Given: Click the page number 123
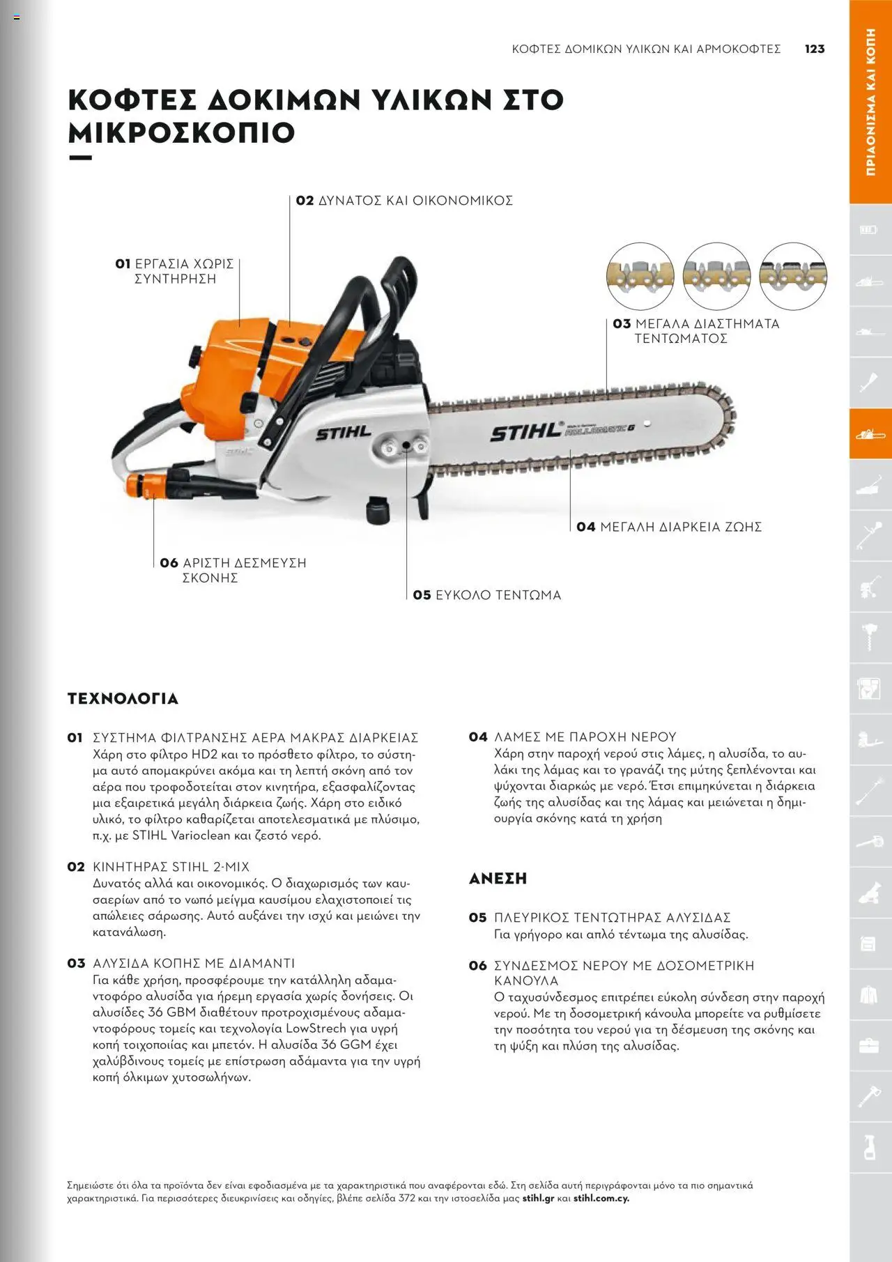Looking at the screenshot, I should click(x=815, y=49).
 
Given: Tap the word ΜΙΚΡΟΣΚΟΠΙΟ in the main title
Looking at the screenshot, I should click(x=181, y=132).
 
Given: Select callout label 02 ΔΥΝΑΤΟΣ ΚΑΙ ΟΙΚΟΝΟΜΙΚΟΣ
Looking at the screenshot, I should click(x=404, y=201).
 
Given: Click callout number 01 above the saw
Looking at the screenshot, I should click(x=123, y=264).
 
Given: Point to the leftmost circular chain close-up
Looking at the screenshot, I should click(x=640, y=277).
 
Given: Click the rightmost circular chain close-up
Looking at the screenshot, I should click(x=792, y=277).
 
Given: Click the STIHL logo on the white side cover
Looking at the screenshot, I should click(x=344, y=433).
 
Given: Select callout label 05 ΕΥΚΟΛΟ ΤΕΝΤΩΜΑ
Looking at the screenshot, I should click(x=486, y=595).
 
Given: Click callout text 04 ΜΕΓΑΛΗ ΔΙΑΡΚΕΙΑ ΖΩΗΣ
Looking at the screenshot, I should click(x=669, y=527).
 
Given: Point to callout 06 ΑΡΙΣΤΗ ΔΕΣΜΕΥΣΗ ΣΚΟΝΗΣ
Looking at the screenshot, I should click(x=233, y=570).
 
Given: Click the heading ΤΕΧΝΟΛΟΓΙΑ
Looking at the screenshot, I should click(x=123, y=699).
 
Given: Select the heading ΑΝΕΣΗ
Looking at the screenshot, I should click(x=498, y=879).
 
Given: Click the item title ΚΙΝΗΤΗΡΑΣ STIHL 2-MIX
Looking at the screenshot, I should click(x=171, y=867).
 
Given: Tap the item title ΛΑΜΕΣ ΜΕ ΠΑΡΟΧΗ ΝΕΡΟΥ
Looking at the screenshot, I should click(x=585, y=737).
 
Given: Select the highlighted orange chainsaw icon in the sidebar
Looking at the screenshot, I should click(x=870, y=434).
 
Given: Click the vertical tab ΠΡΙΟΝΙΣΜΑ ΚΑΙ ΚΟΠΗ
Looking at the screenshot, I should click(x=870, y=102).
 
